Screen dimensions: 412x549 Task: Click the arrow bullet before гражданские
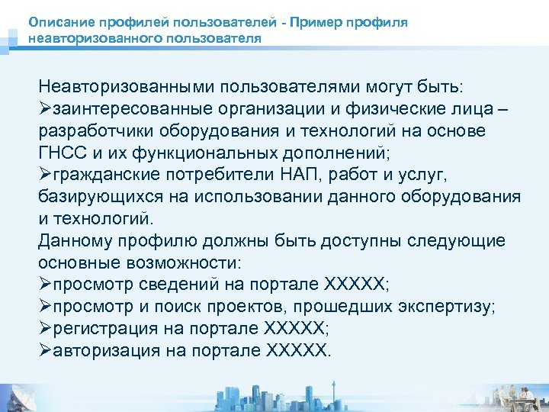click(43, 174)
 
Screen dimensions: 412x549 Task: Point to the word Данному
click(73, 240)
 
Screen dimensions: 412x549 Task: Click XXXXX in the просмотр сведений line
click(355, 285)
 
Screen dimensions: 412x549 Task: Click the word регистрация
click(101, 329)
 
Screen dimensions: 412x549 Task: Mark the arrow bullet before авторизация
click(43, 351)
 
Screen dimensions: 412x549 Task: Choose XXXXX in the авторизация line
click(297, 351)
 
